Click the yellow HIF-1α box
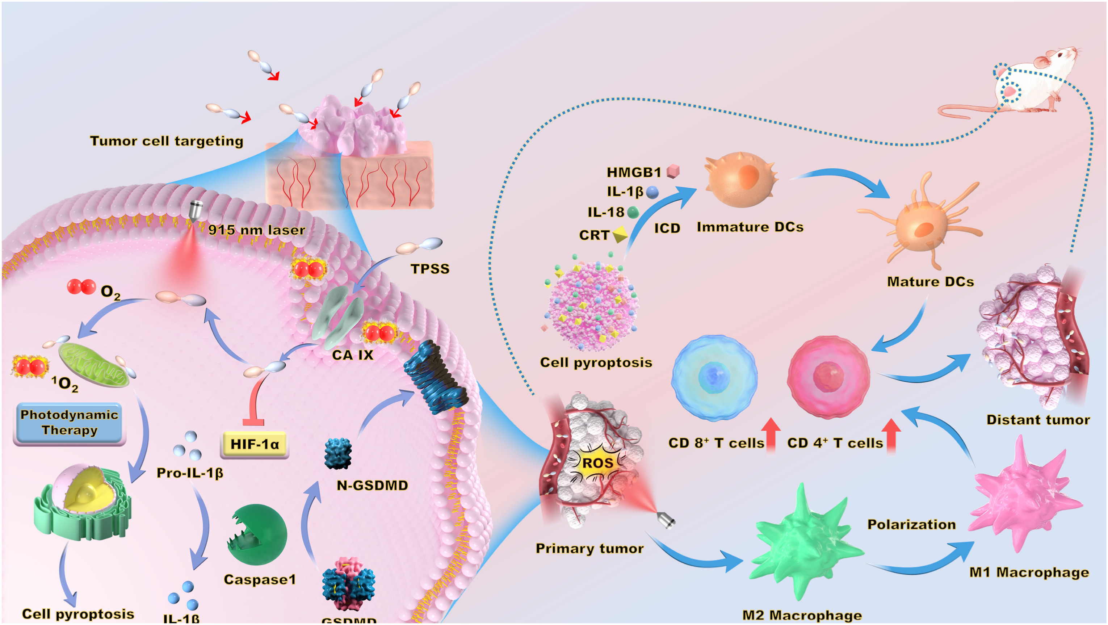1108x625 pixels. pos(255,444)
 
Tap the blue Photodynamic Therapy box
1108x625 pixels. pos(69,423)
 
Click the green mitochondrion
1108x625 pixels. pos(93,364)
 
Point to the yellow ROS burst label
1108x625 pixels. pos(597,463)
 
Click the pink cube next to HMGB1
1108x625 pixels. pos(673,171)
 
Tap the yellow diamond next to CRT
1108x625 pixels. pos(620,235)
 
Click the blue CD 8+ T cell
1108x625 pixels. pos(714,377)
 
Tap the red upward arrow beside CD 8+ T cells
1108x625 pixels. pos(771,435)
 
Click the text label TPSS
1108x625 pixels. pos(430,269)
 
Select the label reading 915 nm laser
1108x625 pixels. pos(257,230)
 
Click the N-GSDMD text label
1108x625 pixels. pos(372,485)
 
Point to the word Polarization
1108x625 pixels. pos(911,524)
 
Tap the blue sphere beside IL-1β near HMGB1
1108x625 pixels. pos(652,192)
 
